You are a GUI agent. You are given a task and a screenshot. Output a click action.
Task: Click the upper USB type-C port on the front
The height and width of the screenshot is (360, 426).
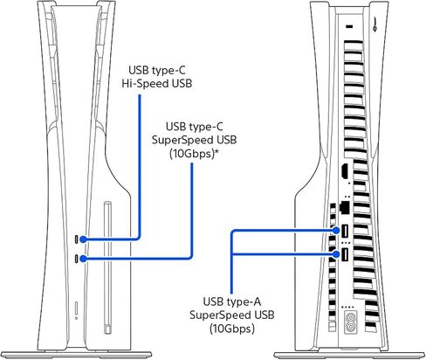pyautogui.click(x=77, y=239)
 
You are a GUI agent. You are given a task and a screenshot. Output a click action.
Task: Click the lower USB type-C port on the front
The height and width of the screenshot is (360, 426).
pyautogui.click(x=77, y=259)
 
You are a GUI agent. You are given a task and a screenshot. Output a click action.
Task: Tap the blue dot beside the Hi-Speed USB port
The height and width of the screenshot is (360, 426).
pyautogui.click(x=83, y=239)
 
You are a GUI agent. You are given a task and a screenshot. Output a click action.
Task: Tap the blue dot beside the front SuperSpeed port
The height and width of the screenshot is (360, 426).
pyautogui.click(x=83, y=259)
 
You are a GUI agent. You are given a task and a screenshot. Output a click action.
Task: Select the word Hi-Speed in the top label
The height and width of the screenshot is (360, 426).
pyautogui.click(x=141, y=84)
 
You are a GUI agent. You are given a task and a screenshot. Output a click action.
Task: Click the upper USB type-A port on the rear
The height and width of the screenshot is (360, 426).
pyautogui.click(x=345, y=231)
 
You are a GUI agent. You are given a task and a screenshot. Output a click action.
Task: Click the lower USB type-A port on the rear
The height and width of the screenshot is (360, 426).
pyautogui.click(x=345, y=254)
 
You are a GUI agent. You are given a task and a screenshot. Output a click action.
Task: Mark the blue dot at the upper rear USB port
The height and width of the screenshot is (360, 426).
pyautogui.click(x=336, y=231)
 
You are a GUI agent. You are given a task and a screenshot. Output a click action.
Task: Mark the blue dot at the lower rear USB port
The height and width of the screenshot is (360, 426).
pyautogui.click(x=336, y=254)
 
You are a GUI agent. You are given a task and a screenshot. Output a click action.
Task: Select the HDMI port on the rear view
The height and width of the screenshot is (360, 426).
pyautogui.click(x=345, y=171)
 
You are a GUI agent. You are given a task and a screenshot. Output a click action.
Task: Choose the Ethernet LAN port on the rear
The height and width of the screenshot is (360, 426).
pyautogui.click(x=345, y=206)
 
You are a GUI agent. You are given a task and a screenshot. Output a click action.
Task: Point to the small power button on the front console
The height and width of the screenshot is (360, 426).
pyautogui.click(x=76, y=308)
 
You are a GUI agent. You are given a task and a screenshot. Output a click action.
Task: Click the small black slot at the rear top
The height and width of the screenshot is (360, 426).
pyautogui.click(x=349, y=27)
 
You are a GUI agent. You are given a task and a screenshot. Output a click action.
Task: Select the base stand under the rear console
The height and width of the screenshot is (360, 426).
pyautogui.click(x=350, y=355)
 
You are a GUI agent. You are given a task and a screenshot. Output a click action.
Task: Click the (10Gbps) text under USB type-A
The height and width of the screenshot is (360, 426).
pyautogui.click(x=232, y=329)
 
